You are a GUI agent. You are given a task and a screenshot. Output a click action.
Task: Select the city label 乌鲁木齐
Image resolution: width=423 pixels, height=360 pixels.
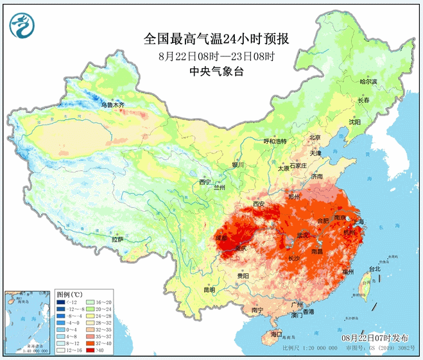113,104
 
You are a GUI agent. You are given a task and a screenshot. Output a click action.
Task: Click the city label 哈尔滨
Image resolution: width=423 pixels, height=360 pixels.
370,81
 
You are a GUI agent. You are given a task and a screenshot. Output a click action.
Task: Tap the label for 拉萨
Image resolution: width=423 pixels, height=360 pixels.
117,239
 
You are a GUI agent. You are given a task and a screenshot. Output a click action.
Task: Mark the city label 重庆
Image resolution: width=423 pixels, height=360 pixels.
241,248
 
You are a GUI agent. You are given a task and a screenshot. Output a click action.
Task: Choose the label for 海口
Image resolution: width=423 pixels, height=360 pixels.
275,334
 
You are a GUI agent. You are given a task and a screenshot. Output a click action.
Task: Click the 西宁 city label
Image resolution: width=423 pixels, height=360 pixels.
205,182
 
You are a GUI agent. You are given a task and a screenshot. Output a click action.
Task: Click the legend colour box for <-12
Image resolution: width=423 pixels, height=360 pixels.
61,302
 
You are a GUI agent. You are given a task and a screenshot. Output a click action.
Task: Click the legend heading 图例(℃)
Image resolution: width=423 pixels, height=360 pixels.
69,294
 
